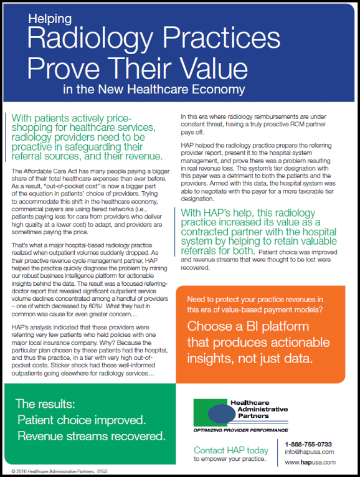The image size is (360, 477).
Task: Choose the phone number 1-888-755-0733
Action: [308, 442]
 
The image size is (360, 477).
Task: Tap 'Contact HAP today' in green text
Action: [231, 450]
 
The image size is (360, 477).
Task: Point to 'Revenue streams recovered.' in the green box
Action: [91, 434]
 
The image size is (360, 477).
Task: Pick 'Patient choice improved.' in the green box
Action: [81, 419]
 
